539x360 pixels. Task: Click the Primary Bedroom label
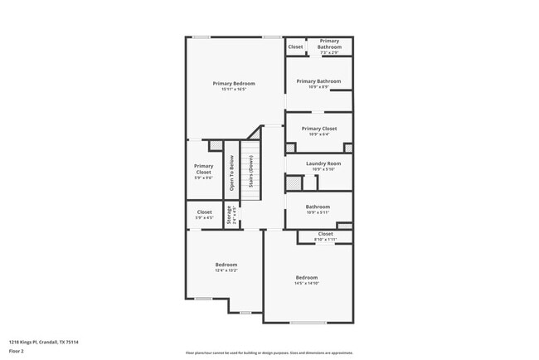pyautogui.click(x=233, y=83)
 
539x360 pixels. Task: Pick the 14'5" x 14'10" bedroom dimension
pyautogui.click(x=307, y=284)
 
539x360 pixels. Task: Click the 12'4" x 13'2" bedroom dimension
pyautogui.click(x=226, y=270)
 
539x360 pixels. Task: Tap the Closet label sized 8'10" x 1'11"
pyautogui.click(x=326, y=234)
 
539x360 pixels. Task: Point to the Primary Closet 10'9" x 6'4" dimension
pyautogui.click(x=318, y=134)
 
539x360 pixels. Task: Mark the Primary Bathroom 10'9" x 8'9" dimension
pyautogui.click(x=318, y=87)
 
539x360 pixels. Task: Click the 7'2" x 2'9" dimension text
pyautogui.click(x=329, y=52)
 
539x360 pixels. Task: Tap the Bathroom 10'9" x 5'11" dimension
pyautogui.click(x=318, y=212)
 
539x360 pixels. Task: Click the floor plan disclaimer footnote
pyautogui.click(x=269, y=353)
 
